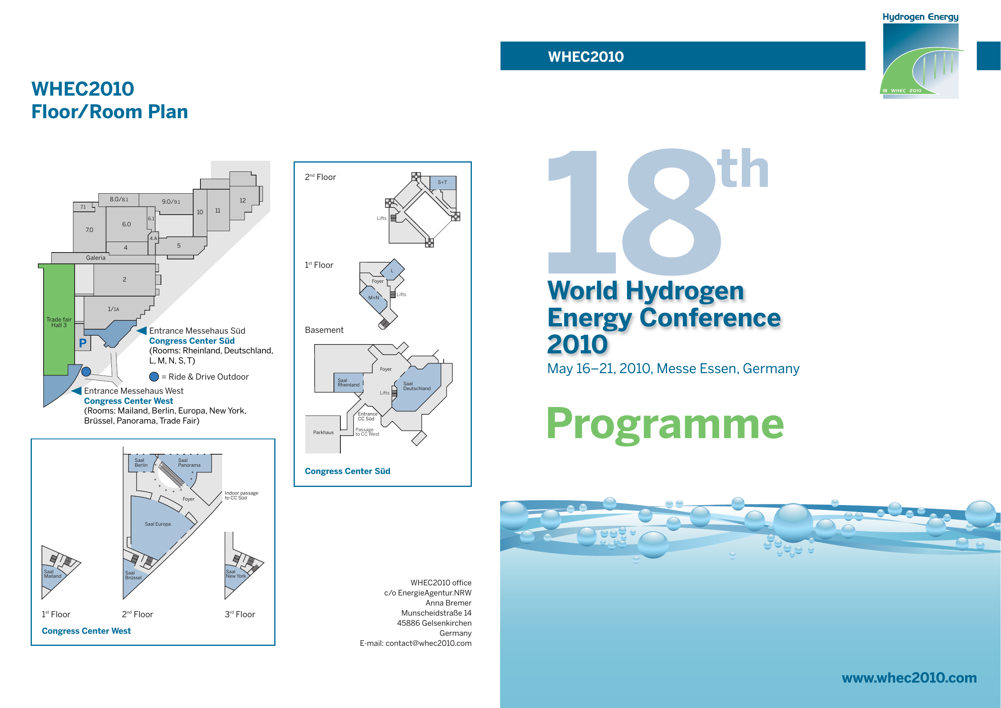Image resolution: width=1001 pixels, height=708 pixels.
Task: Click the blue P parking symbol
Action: click(x=82, y=343)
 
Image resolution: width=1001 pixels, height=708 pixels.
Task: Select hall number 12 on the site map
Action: click(x=242, y=200)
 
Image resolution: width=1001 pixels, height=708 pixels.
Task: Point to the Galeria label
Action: click(x=96, y=258)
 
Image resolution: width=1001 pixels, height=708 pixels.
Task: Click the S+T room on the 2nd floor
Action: click(x=442, y=182)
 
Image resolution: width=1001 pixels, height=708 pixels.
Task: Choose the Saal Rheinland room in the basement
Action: click(x=348, y=382)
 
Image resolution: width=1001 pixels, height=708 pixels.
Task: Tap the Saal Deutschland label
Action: click(x=416, y=386)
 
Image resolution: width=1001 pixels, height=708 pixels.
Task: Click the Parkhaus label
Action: click(x=323, y=432)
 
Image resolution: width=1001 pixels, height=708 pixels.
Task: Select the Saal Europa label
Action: click(x=157, y=524)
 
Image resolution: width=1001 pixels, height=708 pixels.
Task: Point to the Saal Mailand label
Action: click(x=52, y=574)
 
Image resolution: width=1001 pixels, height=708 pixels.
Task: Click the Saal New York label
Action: click(x=236, y=574)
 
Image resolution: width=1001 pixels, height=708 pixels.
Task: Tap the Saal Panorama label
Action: click(x=189, y=462)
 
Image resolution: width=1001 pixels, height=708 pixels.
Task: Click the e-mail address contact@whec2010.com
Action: click(x=428, y=643)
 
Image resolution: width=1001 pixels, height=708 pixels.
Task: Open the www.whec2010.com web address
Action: click(x=909, y=677)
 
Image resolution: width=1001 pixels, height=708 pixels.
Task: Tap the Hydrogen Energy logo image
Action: click(x=920, y=56)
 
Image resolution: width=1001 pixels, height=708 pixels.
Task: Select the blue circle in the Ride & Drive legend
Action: click(x=154, y=376)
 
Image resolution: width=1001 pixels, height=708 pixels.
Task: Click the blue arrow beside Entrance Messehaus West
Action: click(x=77, y=391)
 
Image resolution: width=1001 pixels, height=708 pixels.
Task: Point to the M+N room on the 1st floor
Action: click(x=373, y=297)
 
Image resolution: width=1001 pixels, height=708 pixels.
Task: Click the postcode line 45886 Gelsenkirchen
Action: click(x=434, y=623)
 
